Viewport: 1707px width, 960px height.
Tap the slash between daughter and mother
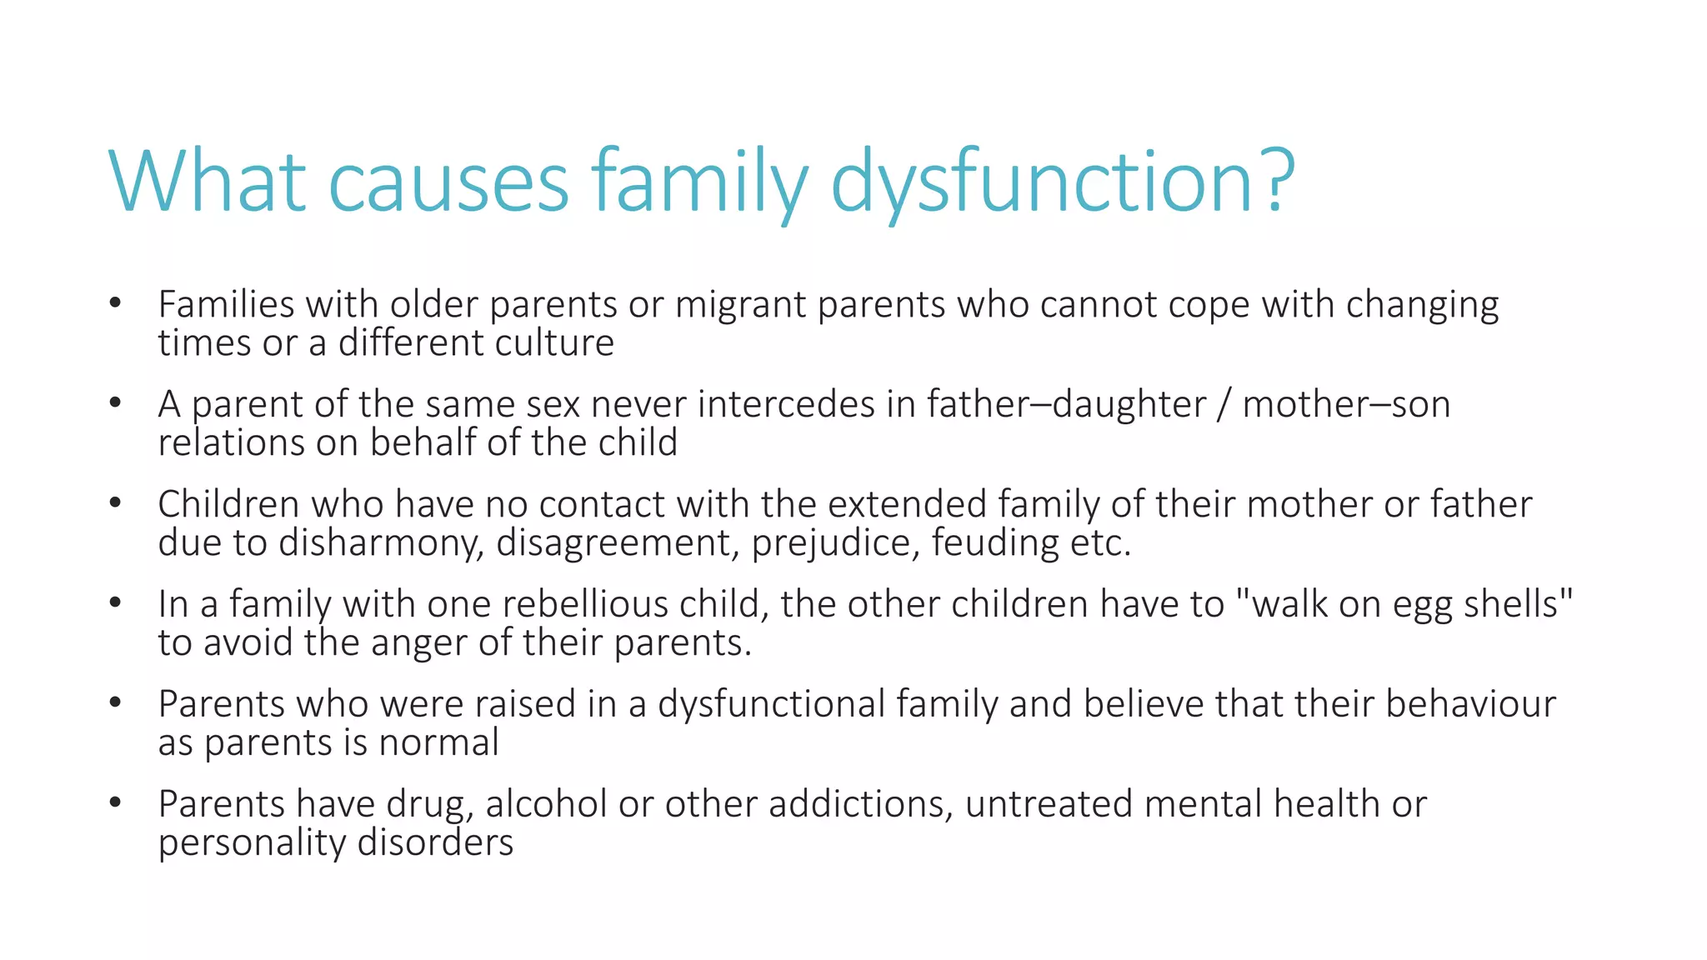pos(1224,404)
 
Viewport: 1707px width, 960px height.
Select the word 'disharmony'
pos(381,543)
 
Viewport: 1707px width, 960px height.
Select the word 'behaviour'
pos(1470,704)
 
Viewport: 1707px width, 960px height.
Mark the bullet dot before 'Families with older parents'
pos(115,303)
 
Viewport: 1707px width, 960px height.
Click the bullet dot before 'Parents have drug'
pos(115,803)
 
